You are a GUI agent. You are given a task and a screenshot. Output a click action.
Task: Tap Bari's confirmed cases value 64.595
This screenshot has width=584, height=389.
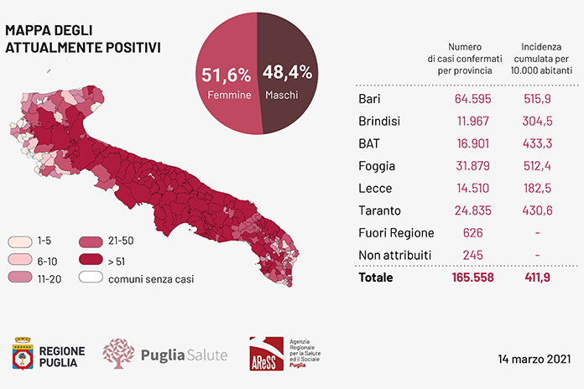point(472,99)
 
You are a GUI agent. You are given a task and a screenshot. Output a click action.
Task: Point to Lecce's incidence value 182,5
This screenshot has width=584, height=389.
point(537,189)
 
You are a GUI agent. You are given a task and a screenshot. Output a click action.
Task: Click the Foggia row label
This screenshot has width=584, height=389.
point(377,166)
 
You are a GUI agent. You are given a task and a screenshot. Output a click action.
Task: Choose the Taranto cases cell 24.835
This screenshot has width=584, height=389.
point(472,210)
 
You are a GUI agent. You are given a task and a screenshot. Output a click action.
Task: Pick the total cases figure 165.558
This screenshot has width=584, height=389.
point(472,277)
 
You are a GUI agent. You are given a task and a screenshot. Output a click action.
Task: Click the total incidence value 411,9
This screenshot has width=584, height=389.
point(537,277)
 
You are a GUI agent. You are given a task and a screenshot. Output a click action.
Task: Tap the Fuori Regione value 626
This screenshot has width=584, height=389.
point(472,233)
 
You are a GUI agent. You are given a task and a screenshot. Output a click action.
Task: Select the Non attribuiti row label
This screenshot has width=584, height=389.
point(395,256)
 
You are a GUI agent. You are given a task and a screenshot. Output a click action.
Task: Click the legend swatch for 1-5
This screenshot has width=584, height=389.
point(20,241)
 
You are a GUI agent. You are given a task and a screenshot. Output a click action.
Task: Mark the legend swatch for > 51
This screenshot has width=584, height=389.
point(91,259)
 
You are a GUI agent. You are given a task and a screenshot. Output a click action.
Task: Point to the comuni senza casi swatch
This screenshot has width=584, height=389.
point(91,277)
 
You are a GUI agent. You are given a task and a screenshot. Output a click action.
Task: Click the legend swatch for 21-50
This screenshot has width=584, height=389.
point(91,241)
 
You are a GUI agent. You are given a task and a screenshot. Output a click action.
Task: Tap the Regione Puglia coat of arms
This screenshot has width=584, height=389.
point(23,353)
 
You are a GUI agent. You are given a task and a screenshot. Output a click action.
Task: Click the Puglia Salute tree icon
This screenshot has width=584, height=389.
point(118,354)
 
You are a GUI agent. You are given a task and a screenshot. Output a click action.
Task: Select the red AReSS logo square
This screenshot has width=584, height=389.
point(266,354)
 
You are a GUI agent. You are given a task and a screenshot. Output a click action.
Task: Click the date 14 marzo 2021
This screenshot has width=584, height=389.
point(534,359)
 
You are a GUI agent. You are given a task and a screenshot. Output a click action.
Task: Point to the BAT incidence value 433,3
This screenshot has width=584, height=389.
point(537,143)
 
